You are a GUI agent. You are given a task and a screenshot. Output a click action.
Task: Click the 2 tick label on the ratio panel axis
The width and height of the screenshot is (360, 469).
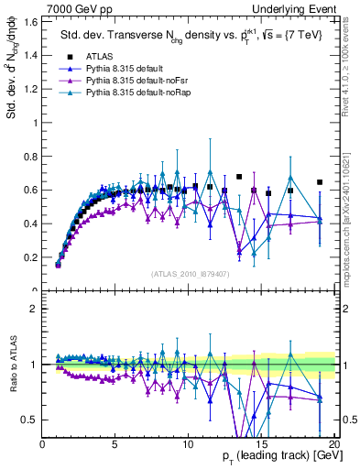point(34,309)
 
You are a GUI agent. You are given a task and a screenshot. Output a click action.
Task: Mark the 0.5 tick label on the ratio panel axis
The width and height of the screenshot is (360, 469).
point(30,420)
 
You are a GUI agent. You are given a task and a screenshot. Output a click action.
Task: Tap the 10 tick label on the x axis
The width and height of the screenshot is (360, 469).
point(188,444)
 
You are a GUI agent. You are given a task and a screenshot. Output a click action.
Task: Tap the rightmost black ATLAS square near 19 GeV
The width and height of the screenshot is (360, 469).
point(319,182)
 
